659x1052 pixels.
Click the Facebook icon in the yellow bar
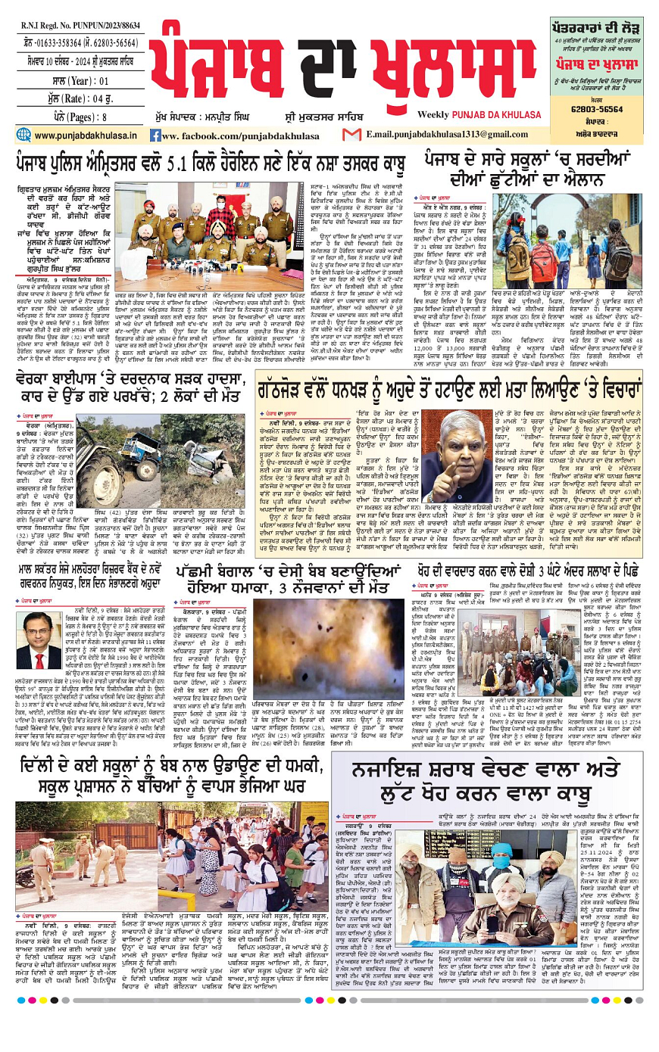[x=155, y=135]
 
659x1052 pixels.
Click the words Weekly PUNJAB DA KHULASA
[x=484, y=114]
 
